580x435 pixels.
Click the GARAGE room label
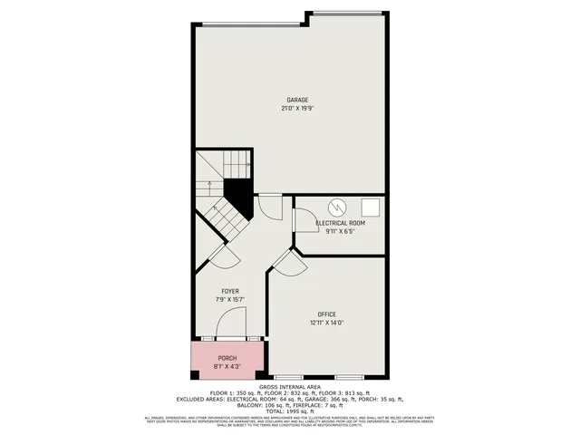pos(297,100)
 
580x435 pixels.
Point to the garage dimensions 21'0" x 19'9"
pos(297,108)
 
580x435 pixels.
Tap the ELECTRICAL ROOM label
pos(340,223)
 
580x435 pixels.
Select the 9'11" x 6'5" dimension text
pos(340,231)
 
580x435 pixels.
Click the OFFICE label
pos(327,314)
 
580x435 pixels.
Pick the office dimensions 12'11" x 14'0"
pos(327,322)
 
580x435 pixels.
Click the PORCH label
pos(227,359)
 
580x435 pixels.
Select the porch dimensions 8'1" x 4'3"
pos(227,367)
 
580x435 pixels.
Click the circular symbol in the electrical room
pos(336,207)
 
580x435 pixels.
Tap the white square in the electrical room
pos(370,207)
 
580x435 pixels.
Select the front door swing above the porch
pos(233,323)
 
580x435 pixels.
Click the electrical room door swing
pos(303,222)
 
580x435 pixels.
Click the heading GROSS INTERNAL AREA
pos(289,386)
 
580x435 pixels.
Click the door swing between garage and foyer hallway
pos(270,207)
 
